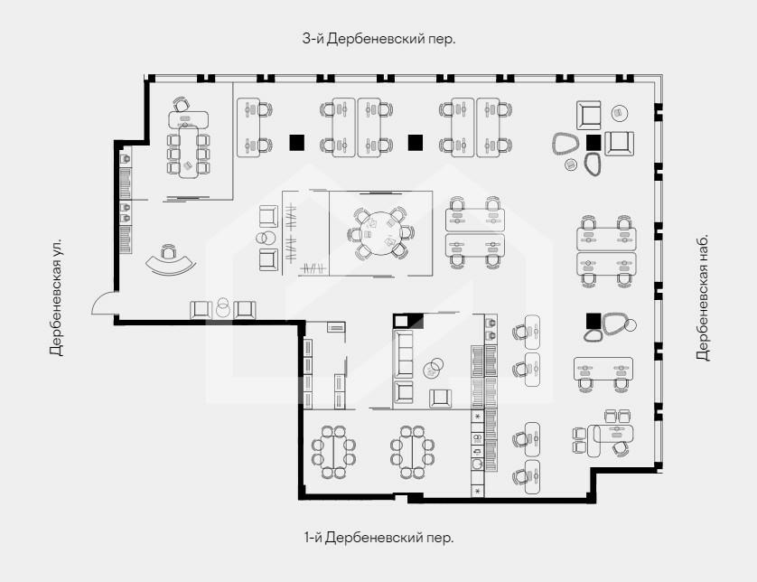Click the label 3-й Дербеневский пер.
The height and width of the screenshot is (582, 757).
click(379, 39)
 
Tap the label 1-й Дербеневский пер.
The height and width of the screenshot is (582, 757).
click(379, 537)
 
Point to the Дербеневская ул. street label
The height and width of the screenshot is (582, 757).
click(56, 296)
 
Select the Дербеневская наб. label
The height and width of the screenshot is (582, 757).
click(703, 297)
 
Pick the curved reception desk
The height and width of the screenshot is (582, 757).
click(171, 266)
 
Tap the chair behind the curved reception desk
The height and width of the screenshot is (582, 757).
click(167, 251)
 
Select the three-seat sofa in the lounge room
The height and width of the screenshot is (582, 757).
click(404, 354)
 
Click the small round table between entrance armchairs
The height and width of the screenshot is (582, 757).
click(222, 310)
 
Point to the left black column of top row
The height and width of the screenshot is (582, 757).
click(296, 142)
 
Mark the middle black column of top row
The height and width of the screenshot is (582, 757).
click(416, 142)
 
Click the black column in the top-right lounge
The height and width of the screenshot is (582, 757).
click(593, 142)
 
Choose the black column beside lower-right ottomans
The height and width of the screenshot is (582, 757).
click(593, 321)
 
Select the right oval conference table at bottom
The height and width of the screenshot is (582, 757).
click(412, 453)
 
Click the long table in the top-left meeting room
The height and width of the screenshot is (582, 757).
click(188, 152)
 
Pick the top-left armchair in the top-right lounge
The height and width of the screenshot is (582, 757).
click(588, 115)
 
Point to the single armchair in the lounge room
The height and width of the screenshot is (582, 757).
click(440, 398)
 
